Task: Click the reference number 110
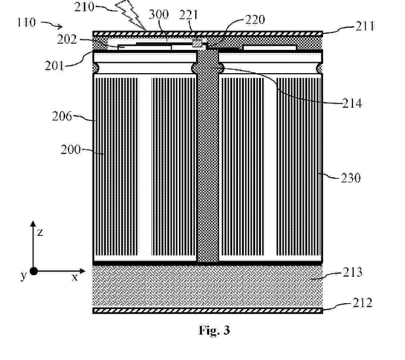point(26,23)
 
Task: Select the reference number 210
point(84,7)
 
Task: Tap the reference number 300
point(159,14)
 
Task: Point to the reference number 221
point(188,15)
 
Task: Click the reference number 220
point(255,20)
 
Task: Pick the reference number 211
point(365,26)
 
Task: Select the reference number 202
point(67,39)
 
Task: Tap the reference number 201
point(54,66)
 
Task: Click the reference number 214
point(352,103)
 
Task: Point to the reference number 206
point(62,116)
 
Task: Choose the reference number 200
point(71,150)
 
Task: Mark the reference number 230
point(350,178)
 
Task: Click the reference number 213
point(353,272)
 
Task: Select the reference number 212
point(362,302)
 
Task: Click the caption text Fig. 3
point(214,331)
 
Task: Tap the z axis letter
point(40,233)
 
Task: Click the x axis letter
point(75,278)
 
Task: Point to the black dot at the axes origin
point(33,271)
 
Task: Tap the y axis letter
point(24,276)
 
